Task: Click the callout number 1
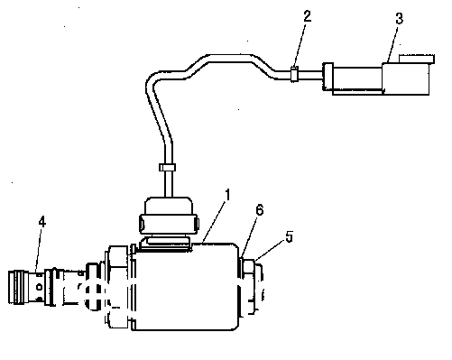tap(228, 195)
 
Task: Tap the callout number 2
tap(307, 16)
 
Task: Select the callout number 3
tap(399, 18)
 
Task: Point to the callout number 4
tap(42, 222)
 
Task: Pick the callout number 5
tap(289, 236)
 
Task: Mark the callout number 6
tap(260, 210)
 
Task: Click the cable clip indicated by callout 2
tap(294, 74)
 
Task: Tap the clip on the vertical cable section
tap(167, 167)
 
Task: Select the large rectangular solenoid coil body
tap(186, 287)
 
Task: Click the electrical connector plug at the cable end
tap(377, 78)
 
